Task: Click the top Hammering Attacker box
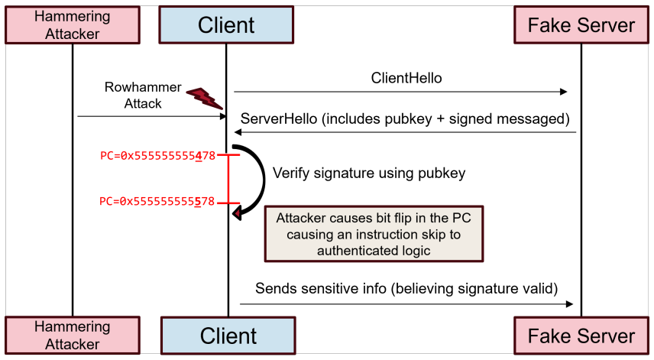(x=73, y=25)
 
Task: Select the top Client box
(x=226, y=24)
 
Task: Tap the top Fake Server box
(x=581, y=24)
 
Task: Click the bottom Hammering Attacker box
(x=73, y=336)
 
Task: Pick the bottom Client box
(x=228, y=336)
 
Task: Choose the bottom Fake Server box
(x=581, y=336)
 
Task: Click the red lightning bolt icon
(x=205, y=99)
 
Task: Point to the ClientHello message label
(x=406, y=78)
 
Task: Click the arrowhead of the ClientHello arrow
(x=564, y=92)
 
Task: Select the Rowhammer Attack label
(x=143, y=95)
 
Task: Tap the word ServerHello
(x=279, y=119)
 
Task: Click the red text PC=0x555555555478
(x=157, y=156)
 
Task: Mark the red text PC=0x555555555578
(x=157, y=202)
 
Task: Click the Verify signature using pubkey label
(x=369, y=173)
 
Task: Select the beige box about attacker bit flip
(x=374, y=234)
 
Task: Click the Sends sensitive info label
(x=406, y=289)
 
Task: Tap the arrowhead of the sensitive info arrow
(x=569, y=304)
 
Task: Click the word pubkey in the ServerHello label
(x=408, y=120)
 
